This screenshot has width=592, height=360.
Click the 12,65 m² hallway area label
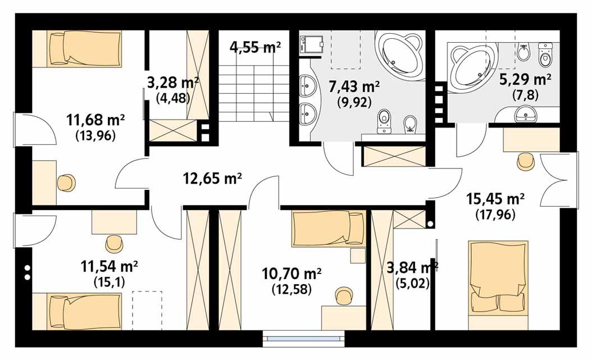(x=212, y=179)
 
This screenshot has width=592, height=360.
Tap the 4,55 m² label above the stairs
(x=255, y=47)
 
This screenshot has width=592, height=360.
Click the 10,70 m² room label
(x=292, y=274)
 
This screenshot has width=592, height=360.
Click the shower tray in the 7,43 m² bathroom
(x=312, y=44)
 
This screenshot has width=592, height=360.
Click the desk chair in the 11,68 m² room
(x=66, y=183)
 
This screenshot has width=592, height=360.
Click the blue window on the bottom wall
(x=303, y=339)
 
